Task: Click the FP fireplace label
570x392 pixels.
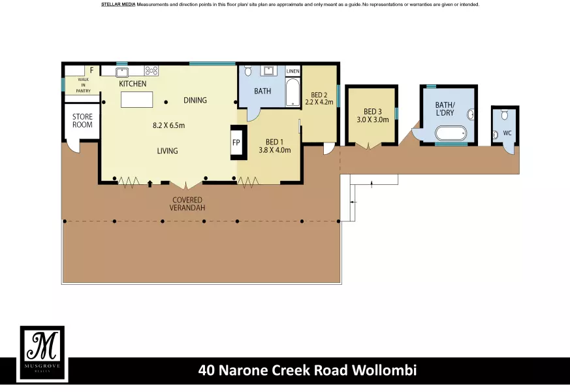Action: (236, 142)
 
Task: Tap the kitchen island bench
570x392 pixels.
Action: (136, 100)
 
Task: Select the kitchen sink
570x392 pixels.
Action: (122, 72)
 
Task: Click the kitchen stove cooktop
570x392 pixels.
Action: (151, 71)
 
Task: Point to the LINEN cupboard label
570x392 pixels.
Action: (293, 71)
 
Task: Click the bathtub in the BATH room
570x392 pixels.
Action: (293, 93)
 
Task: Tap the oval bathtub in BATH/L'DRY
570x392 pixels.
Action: (451, 133)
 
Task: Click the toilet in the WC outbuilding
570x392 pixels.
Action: (505, 115)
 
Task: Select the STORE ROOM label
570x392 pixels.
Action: (82, 121)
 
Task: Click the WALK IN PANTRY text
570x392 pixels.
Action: (83, 85)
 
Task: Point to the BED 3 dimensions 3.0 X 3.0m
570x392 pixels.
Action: (373, 120)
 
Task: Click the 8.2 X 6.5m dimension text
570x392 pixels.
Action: (168, 125)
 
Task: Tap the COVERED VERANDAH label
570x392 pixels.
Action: (187, 204)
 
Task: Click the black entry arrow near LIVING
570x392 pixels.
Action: (150, 184)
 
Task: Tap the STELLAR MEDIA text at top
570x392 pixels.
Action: (118, 5)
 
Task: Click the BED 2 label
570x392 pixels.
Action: (319, 95)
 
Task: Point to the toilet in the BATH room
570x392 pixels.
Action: (248, 71)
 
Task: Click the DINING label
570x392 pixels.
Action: (195, 101)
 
